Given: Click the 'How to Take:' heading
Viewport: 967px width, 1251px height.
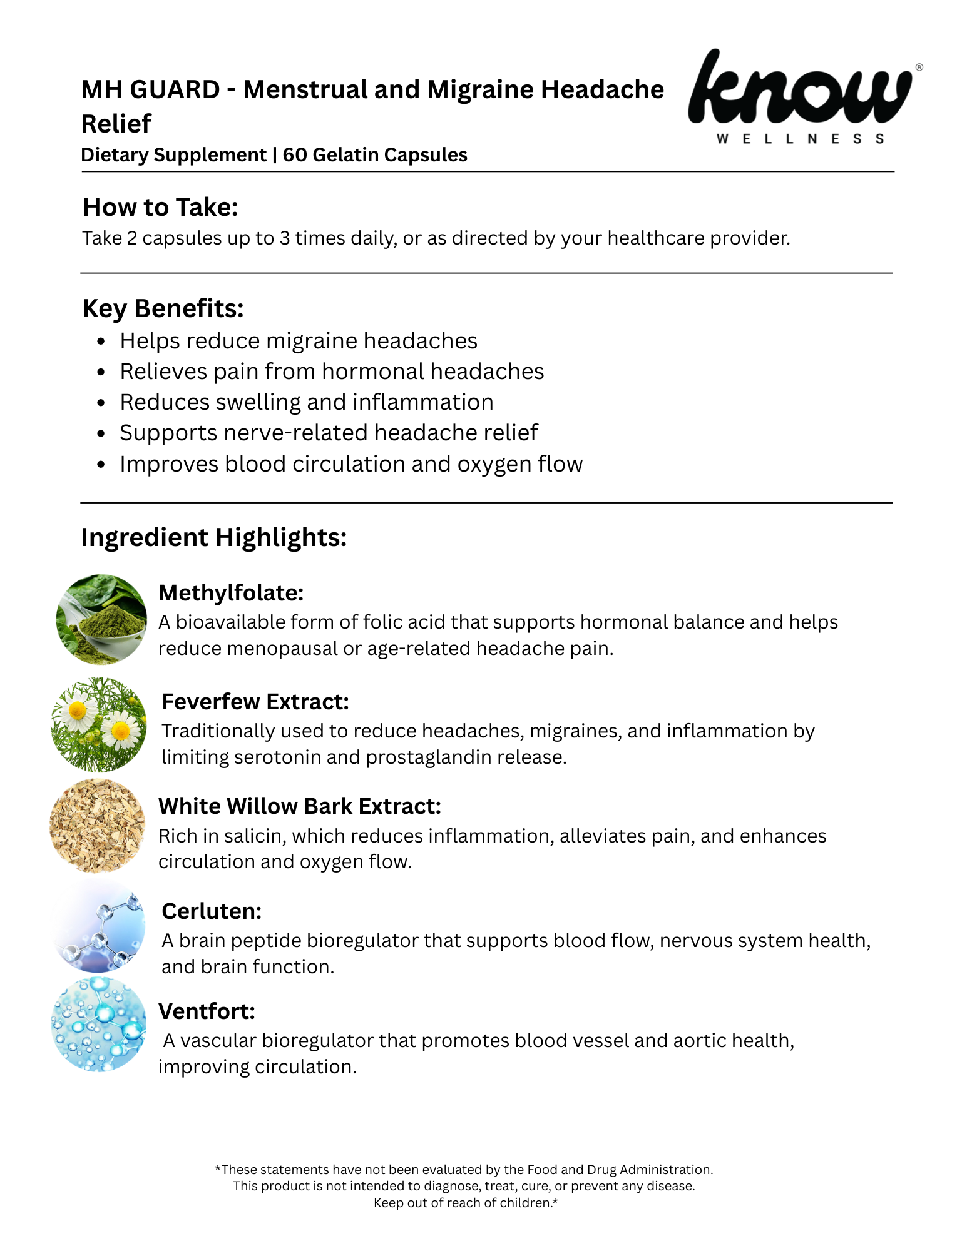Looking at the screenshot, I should pyautogui.click(x=160, y=207).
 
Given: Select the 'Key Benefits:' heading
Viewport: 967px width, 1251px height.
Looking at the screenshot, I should pyautogui.click(x=163, y=308).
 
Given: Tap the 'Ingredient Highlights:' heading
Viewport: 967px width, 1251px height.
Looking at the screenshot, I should pyautogui.click(x=213, y=537).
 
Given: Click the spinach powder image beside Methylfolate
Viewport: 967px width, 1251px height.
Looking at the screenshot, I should pyautogui.click(x=101, y=619).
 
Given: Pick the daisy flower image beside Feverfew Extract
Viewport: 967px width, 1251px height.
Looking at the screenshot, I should pyautogui.click(x=99, y=724).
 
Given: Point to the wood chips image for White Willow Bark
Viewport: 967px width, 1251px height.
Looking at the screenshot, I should pyautogui.click(x=98, y=826).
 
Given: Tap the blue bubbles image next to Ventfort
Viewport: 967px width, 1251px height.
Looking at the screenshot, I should pyautogui.click(x=99, y=1025).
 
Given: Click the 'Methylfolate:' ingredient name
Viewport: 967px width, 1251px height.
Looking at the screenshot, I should pyautogui.click(x=231, y=593).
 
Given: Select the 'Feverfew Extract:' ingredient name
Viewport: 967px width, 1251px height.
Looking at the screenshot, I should pyautogui.click(x=255, y=702).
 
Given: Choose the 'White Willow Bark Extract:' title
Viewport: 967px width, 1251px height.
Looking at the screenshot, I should pyautogui.click(x=299, y=806).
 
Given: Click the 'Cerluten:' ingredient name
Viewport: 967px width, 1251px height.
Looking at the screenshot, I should pyautogui.click(x=211, y=911).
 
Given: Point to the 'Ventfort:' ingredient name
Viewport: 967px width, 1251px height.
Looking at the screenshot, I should pyautogui.click(x=207, y=1011).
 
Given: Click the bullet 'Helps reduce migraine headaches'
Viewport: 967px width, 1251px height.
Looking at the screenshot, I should pyautogui.click(x=298, y=341).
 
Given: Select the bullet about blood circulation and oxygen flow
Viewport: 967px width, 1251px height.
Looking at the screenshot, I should pyautogui.click(x=350, y=464).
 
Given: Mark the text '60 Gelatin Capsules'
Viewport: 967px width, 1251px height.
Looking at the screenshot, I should pyautogui.click(x=374, y=155).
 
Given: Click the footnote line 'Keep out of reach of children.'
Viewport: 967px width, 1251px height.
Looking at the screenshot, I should pyautogui.click(x=465, y=1203).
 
